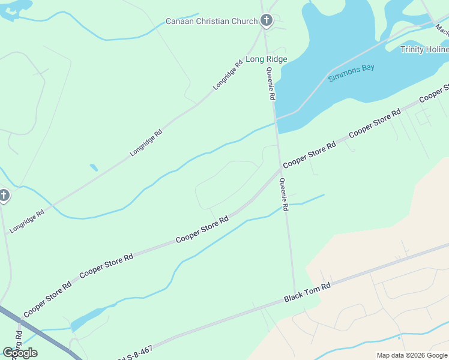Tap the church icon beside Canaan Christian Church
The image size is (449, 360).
(266, 21)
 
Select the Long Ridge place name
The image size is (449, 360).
(267, 59)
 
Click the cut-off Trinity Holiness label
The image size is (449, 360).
(424, 50)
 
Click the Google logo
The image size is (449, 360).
(20, 353)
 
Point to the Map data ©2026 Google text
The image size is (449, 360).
(411, 355)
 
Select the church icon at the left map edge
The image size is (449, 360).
(4, 196)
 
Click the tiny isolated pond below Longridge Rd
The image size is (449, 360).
(93, 167)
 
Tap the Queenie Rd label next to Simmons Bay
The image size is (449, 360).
(271, 83)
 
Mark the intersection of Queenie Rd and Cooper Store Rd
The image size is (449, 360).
(279, 169)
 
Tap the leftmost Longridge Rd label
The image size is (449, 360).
(27, 221)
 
